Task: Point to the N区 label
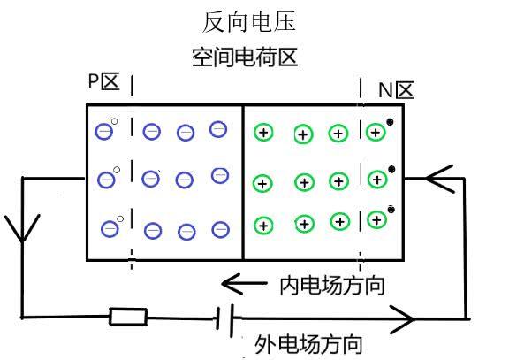click(396, 90)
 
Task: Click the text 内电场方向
click(331, 287)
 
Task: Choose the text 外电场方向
click(308, 344)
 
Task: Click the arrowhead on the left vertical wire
click(21, 229)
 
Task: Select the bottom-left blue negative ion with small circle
click(110, 228)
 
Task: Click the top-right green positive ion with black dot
click(376, 133)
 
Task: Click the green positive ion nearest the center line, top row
click(262, 133)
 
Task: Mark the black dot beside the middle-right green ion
click(391, 169)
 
